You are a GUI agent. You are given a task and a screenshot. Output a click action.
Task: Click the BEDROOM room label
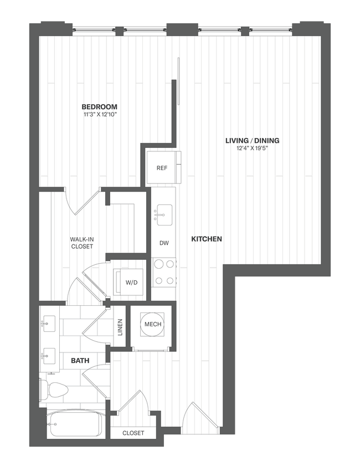pyautogui.click(x=100, y=106)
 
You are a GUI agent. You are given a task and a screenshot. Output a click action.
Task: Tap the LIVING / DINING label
pyautogui.click(x=252, y=141)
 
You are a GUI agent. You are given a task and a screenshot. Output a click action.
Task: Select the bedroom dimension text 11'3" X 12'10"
pyautogui.click(x=100, y=115)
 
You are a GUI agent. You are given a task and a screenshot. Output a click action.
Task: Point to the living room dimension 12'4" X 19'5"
pyautogui.click(x=252, y=149)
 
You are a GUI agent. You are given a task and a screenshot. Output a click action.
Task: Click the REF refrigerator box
pyautogui.click(x=161, y=168)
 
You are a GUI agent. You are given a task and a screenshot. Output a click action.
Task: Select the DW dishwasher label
pyautogui.click(x=164, y=243)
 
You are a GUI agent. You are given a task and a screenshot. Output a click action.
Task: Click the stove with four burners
pyautogui.click(x=164, y=273)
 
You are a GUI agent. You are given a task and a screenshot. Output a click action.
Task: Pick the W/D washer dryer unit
pyautogui.click(x=131, y=283)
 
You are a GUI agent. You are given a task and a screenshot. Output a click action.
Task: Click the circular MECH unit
pyautogui.click(x=152, y=325)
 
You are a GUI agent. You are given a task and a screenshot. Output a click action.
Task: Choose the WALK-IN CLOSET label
pyautogui.click(x=81, y=243)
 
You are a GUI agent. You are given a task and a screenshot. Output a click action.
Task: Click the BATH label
pyautogui.click(x=80, y=361)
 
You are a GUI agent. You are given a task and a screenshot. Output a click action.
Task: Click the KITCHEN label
pyautogui.click(x=207, y=239)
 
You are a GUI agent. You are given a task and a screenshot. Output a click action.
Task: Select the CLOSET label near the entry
pyautogui.click(x=133, y=433)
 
